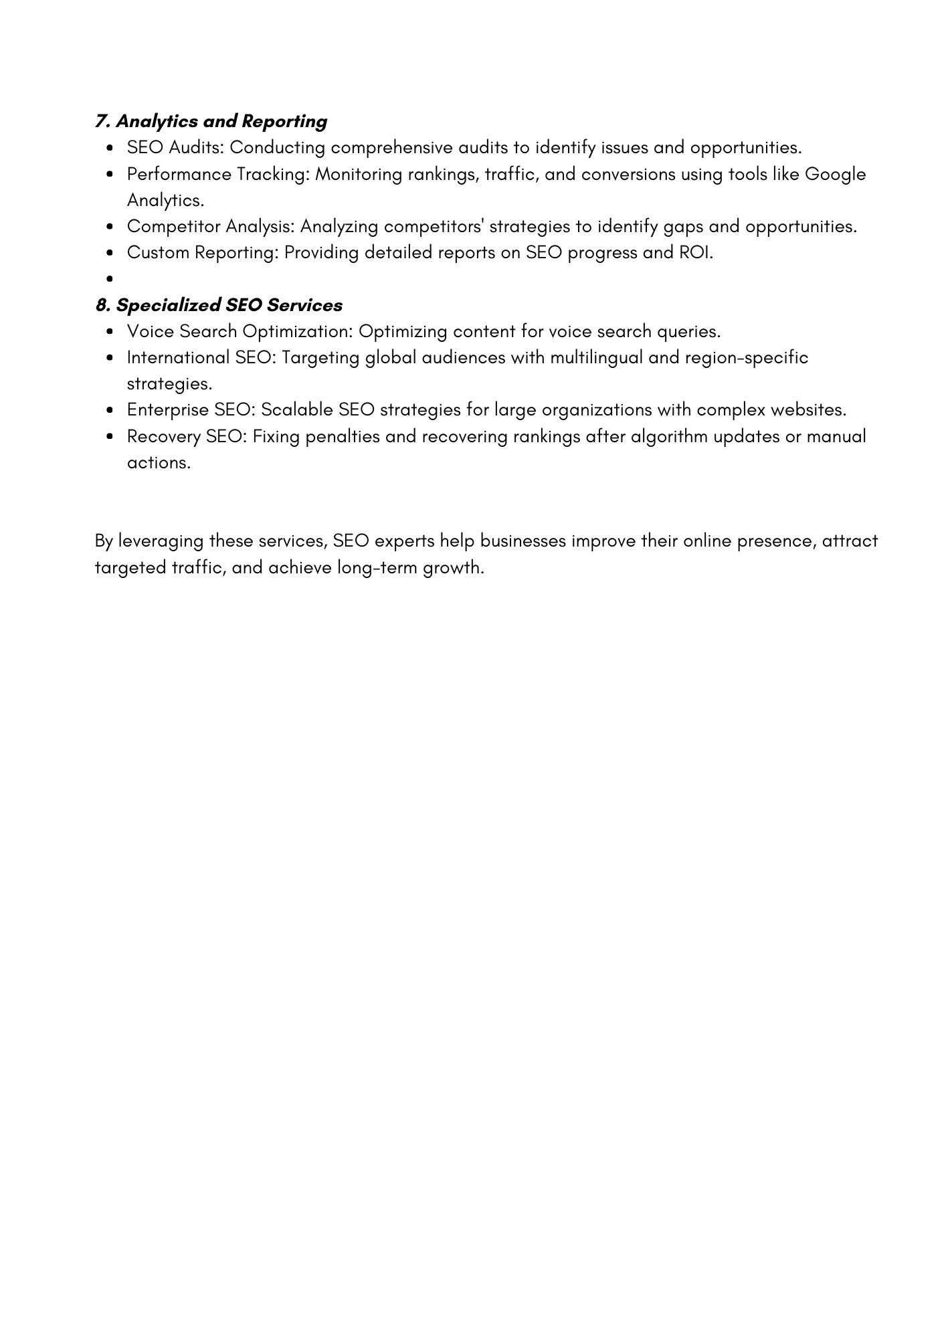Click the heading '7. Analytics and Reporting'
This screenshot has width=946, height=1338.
click(x=211, y=121)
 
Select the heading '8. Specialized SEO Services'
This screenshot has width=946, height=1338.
click(x=219, y=305)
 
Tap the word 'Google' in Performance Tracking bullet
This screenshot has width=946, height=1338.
click(x=835, y=174)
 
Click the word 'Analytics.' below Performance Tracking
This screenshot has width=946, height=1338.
click(x=165, y=200)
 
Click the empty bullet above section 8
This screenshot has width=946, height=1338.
click(x=108, y=279)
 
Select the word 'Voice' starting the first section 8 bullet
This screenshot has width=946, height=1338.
click(x=151, y=331)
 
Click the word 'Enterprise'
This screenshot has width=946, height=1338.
click(x=168, y=409)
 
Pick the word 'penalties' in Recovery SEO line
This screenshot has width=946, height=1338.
click(x=343, y=436)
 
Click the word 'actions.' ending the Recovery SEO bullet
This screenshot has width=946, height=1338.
click(x=159, y=462)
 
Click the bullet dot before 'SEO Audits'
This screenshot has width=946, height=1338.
click(x=108, y=148)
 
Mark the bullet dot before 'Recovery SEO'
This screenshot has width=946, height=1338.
click(x=108, y=437)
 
